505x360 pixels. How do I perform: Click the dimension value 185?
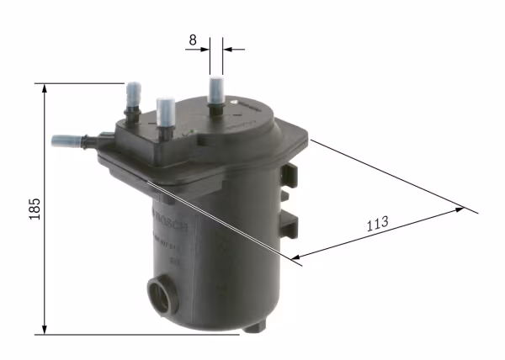point(34,209)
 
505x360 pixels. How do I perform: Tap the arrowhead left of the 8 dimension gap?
point(204,50)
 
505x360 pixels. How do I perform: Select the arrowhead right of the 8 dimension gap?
point(228,50)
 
